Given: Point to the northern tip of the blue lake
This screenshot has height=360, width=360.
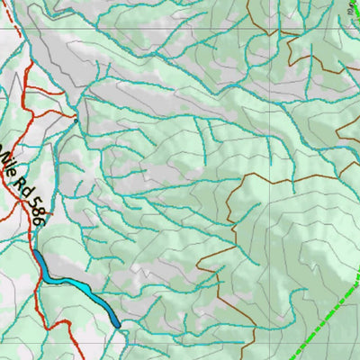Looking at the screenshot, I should (39, 256).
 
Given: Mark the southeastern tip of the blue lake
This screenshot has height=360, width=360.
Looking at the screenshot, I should (117, 324).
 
